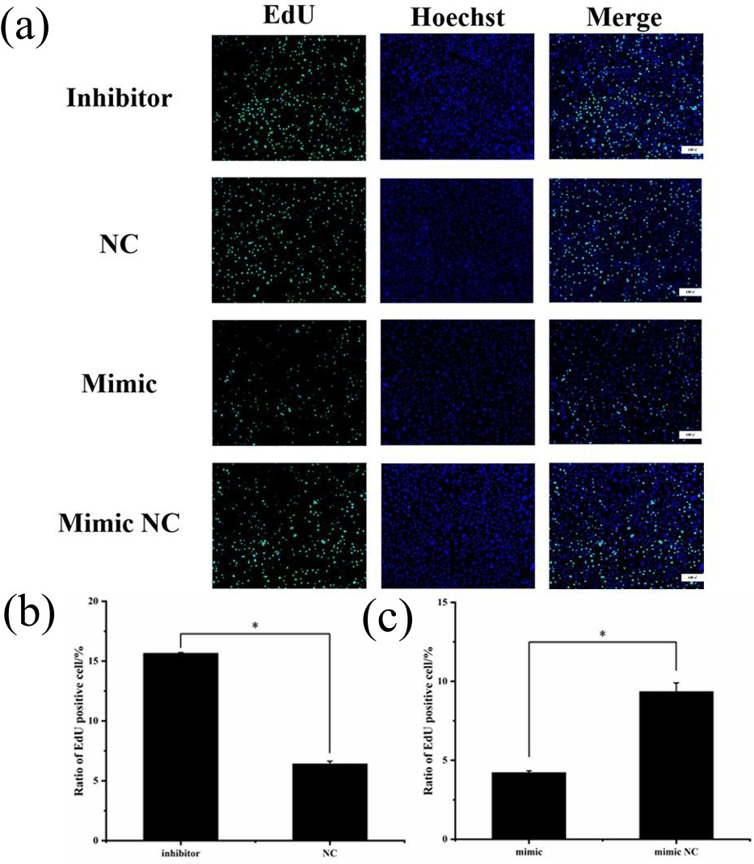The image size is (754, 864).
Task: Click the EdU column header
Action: tap(288, 17)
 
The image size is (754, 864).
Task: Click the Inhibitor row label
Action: tap(120, 99)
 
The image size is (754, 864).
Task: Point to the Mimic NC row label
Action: tap(119, 525)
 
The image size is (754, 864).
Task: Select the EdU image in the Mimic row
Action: tap(289, 383)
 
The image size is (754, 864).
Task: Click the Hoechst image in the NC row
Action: tap(457, 241)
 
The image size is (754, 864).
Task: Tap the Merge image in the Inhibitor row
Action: tap(626, 97)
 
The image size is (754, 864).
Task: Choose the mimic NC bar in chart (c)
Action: tap(677, 765)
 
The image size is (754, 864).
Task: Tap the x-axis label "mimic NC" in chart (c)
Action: tap(677, 850)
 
